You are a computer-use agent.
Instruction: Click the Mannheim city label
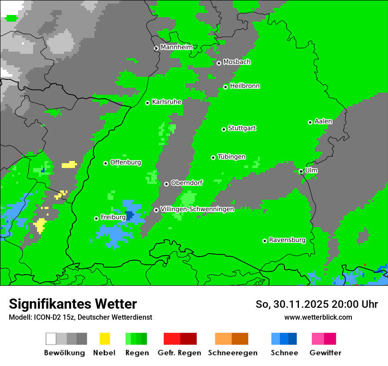[x=176, y=47]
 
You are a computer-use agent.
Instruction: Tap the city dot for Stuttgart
[x=224, y=129]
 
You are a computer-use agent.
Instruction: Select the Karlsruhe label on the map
[x=167, y=102]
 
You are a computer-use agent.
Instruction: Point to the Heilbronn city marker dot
[x=226, y=87]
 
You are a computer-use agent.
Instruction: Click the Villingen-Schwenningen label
[x=197, y=209]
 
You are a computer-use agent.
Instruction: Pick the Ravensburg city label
[x=287, y=240]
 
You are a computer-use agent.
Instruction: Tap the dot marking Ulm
[x=301, y=171]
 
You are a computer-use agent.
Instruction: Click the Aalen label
[x=323, y=121]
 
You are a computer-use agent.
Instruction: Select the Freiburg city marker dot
[x=96, y=218]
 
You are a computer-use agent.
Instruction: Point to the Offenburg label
[x=126, y=162]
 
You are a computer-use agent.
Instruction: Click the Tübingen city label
[x=231, y=157]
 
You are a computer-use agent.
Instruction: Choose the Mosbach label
[x=237, y=62]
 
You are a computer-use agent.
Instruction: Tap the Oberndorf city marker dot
[x=166, y=184]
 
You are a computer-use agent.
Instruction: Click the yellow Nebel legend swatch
[x=104, y=339]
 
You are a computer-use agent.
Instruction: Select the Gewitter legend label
[x=325, y=353]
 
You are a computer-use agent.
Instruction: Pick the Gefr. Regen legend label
[x=179, y=353]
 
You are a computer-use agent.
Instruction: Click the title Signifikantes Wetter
[x=73, y=304]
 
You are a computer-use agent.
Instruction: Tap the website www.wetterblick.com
[x=318, y=317]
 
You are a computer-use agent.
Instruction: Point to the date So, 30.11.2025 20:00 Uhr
[x=317, y=304]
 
